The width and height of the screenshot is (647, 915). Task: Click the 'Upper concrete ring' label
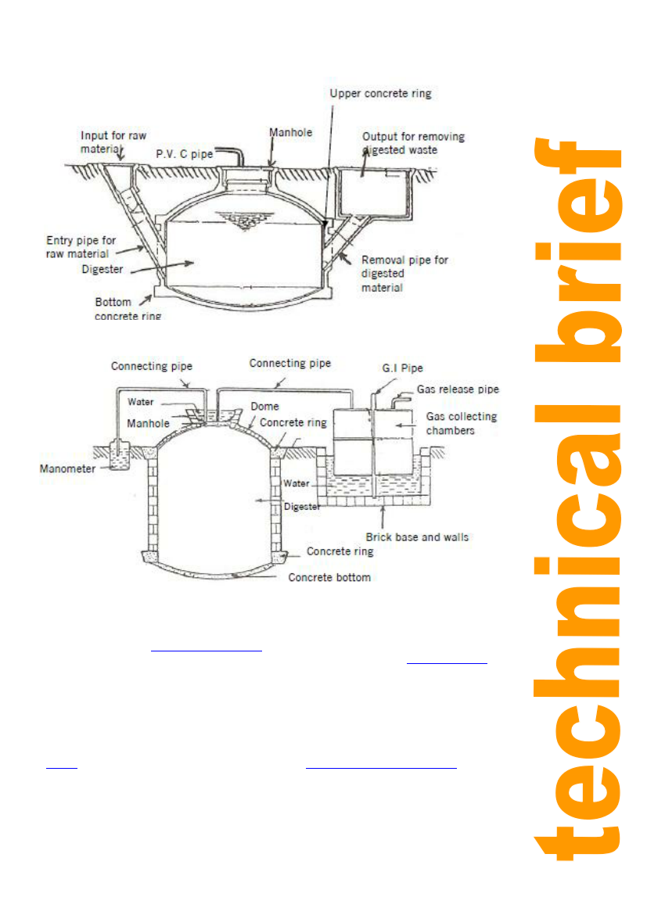point(380,93)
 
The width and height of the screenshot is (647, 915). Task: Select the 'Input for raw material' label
point(113,142)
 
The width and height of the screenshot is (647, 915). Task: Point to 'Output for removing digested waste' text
point(413,142)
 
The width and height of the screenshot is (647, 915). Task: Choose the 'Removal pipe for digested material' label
point(404,273)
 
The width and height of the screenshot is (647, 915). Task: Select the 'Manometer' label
point(66,469)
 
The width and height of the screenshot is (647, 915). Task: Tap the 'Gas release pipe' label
point(458,389)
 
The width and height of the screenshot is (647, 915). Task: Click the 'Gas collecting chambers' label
point(462,423)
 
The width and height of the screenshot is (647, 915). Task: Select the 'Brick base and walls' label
point(417,537)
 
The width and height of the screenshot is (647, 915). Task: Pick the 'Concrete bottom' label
point(329,577)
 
